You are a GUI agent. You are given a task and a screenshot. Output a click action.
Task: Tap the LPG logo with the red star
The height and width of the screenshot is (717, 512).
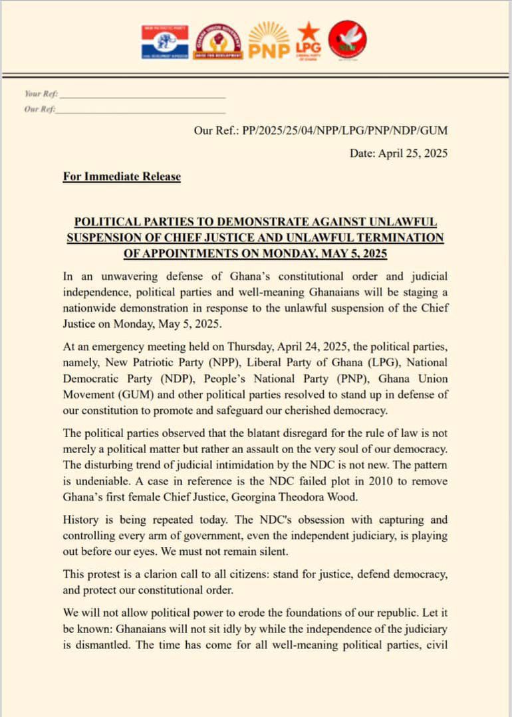[x=308, y=40]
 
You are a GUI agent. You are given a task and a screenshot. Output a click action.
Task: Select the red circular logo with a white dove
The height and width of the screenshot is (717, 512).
[x=348, y=39]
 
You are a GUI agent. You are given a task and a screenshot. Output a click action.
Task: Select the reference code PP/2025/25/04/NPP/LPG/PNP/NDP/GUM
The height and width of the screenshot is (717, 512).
[x=345, y=131]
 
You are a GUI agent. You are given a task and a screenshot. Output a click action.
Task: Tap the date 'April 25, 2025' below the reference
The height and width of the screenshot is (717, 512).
[x=413, y=154]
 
